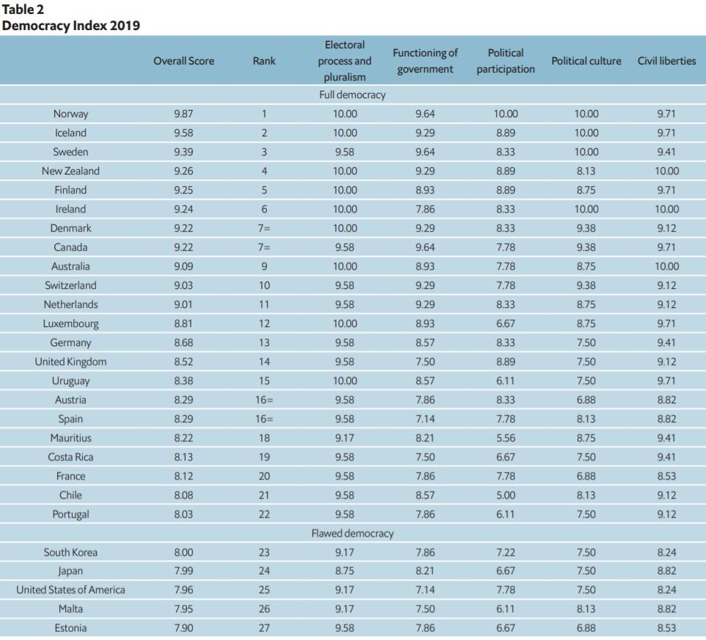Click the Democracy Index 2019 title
(71, 26)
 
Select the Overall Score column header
(183, 61)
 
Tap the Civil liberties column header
(666, 61)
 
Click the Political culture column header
(586, 61)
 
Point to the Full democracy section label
(352, 95)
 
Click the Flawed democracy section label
(352, 533)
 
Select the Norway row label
(70, 114)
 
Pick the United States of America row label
(70, 589)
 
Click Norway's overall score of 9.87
(183, 114)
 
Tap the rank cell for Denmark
(264, 228)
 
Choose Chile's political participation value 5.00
(505, 495)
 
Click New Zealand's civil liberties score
(666, 171)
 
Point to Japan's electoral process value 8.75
(345, 571)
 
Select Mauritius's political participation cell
(505, 438)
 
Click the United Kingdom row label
(70, 361)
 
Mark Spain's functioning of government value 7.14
(424, 419)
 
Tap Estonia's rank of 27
(264, 628)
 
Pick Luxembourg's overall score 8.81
(183, 323)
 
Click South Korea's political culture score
(586, 552)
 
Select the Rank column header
(264, 61)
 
